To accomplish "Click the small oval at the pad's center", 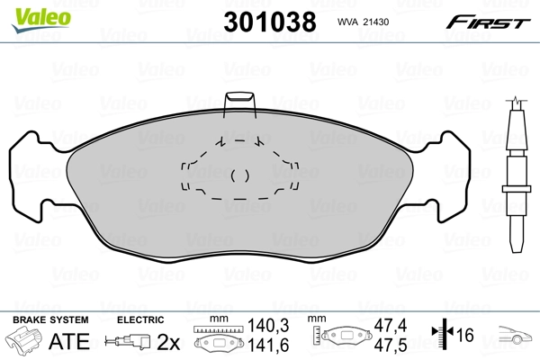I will point(240,175).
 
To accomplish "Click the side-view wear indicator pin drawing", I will point(517,176).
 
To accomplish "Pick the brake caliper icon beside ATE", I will point(27,341).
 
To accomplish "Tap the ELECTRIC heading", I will point(139,319).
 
